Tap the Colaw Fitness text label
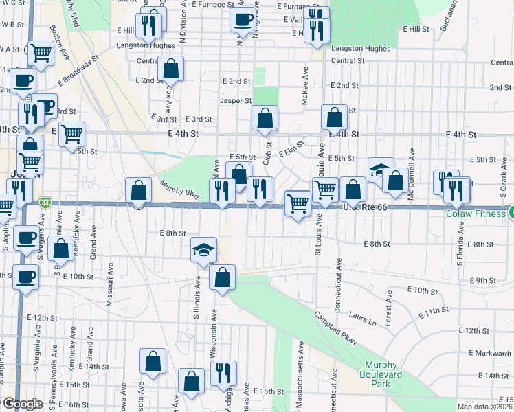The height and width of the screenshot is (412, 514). pyautogui.click(x=474, y=214)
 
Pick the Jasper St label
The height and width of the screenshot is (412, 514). pyautogui.click(x=236, y=100)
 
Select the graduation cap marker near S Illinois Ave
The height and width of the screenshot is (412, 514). pyautogui.click(x=204, y=251)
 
